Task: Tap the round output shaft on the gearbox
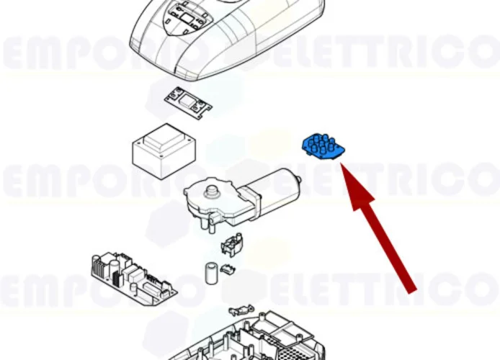(x=212, y=191)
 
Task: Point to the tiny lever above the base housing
(x=238, y=311)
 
